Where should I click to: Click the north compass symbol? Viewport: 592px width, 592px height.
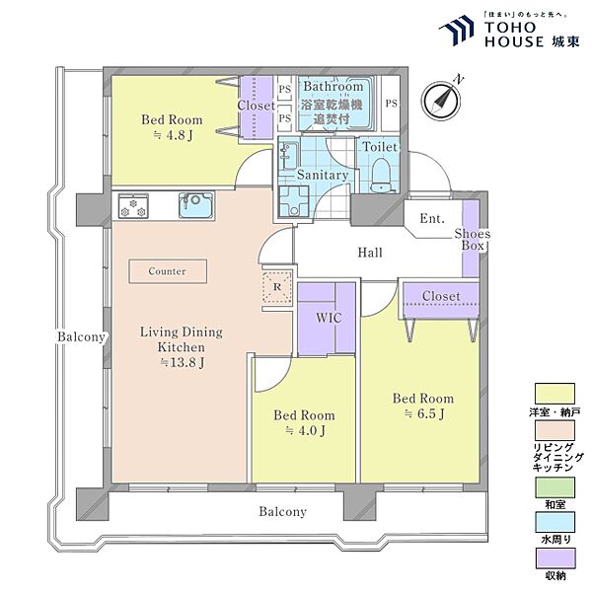pos(441,100)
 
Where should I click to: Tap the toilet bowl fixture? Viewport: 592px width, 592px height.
pos(381,176)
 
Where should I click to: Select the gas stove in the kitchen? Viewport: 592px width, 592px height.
pos(133,206)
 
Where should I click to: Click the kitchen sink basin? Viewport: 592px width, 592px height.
pos(195,205)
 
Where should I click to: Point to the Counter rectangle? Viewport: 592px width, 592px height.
pos(168,271)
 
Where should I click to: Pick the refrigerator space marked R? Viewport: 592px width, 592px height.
pos(277,287)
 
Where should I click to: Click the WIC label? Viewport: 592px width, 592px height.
pos(329,318)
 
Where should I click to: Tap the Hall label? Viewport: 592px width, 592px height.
pos(370,253)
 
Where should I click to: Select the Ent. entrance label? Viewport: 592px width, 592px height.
pos(432,218)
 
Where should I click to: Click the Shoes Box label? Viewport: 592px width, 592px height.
pos(473,240)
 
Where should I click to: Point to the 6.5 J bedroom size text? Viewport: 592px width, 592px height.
pos(424,413)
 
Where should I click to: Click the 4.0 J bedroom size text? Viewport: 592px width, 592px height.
pos(305,430)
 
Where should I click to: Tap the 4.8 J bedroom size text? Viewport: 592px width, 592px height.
pos(174,135)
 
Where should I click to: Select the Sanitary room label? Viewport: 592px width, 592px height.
pos(323,175)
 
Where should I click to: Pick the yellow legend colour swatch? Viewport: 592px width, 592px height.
pos(555,394)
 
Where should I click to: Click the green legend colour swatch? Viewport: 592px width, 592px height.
pos(555,487)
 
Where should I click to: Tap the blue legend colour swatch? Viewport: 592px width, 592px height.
pos(555,522)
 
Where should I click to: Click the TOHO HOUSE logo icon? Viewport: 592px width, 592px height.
pos(457,31)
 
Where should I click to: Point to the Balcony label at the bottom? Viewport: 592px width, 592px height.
pos(283,511)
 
